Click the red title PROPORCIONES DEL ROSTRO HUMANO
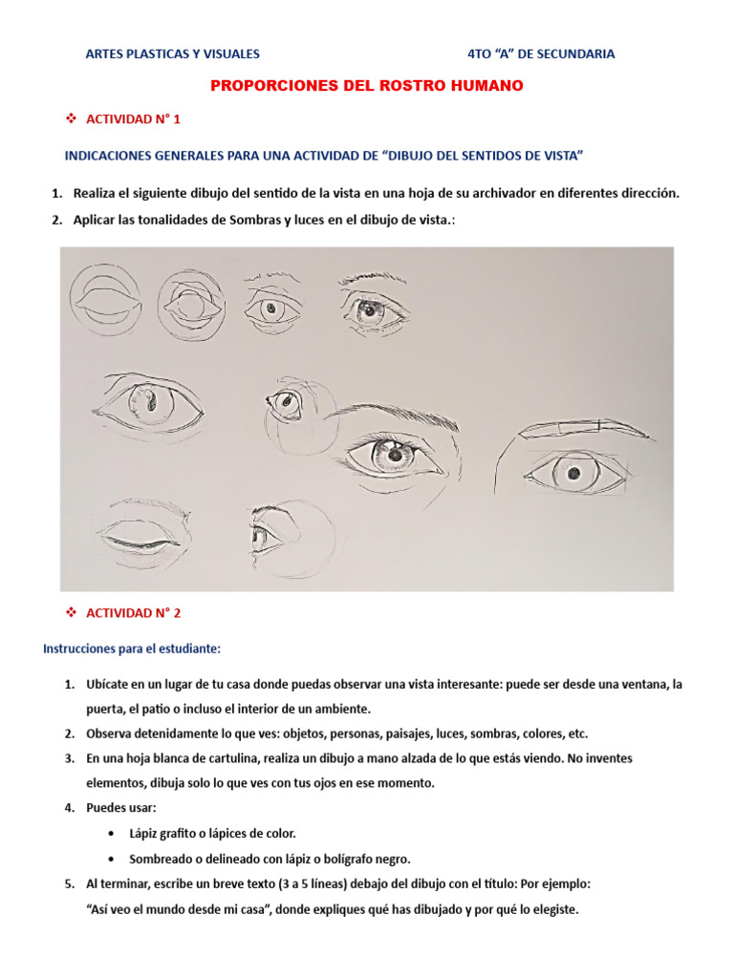(x=366, y=86)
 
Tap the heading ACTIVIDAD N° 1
(x=133, y=119)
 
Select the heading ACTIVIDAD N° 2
(x=133, y=612)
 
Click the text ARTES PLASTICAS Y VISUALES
(x=172, y=54)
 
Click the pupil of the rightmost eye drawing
(x=573, y=473)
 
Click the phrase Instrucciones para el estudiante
(x=132, y=648)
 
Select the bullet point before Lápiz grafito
(x=115, y=833)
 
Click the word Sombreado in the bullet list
(x=161, y=858)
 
